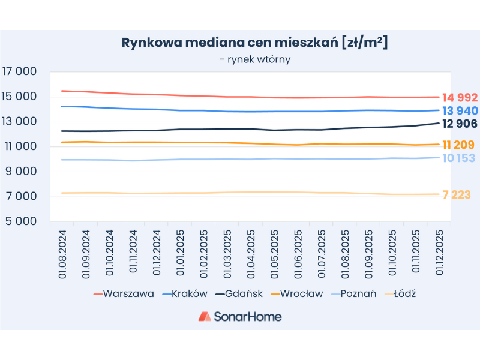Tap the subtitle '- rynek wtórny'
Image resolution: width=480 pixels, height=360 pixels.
pos(255,59)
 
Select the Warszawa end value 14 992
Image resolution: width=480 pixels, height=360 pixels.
pos(460,97)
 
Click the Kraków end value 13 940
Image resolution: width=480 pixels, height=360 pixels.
pos(460,110)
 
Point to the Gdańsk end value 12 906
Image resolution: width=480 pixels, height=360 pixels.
pos(460,124)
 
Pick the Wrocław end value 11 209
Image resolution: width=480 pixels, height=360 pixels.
pos(458,145)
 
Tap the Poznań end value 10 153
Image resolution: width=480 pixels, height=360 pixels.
pos(458,158)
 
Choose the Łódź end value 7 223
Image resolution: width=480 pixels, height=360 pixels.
pos(457,195)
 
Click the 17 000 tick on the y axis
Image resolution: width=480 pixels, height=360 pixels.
pos(20,71)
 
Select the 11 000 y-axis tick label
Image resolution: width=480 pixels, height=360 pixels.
pos(20,146)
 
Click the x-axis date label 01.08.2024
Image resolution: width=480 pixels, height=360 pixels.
pos(62,252)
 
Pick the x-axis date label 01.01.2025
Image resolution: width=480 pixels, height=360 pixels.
pos(181,252)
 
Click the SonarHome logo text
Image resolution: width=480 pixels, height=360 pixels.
pos(247,316)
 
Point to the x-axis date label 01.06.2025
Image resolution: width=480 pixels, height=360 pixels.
pos(298,252)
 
